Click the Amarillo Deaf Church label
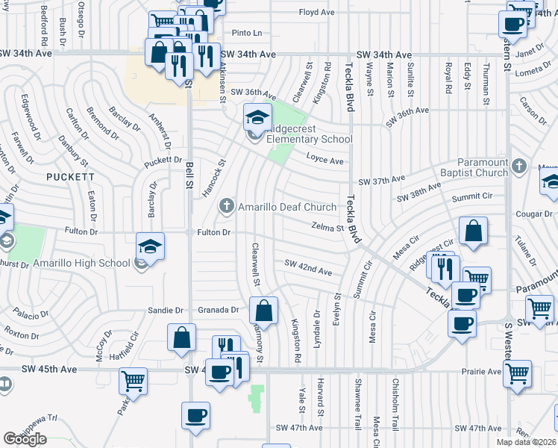coord(287,208)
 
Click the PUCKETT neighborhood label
coord(70,177)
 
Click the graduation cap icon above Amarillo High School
coord(150,245)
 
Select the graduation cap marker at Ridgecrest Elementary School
coord(257,116)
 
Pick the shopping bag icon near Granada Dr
coord(263,309)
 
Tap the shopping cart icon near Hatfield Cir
coord(133,379)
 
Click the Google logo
coord(25,439)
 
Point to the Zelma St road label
coord(327,227)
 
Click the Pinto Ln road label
coord(247,34)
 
